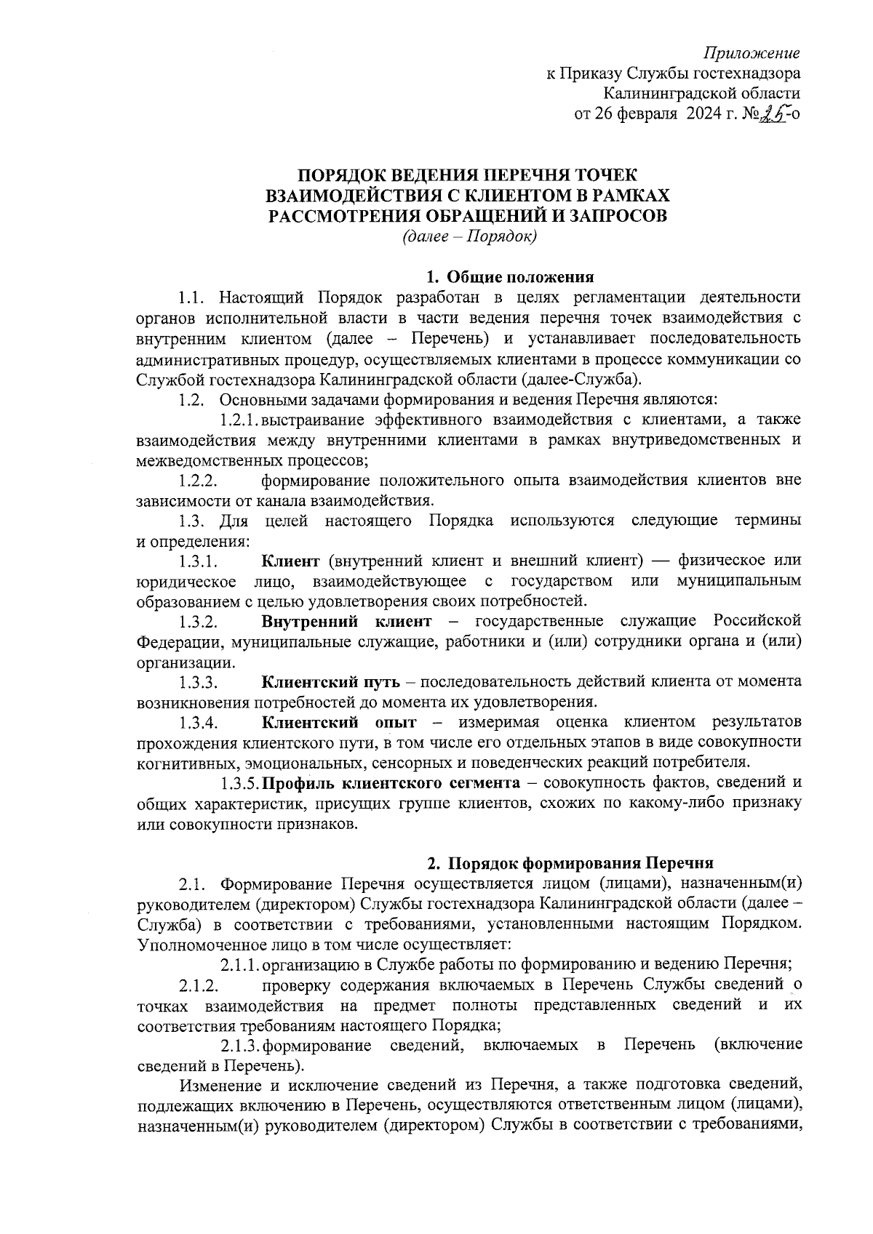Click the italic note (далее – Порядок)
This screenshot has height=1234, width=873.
469,236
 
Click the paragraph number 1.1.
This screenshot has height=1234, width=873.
195,297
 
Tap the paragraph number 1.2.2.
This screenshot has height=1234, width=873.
199,481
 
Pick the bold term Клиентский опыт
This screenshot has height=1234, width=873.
339,723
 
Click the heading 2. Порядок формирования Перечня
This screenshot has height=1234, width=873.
570,863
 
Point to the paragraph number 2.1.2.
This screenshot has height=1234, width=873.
199,986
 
